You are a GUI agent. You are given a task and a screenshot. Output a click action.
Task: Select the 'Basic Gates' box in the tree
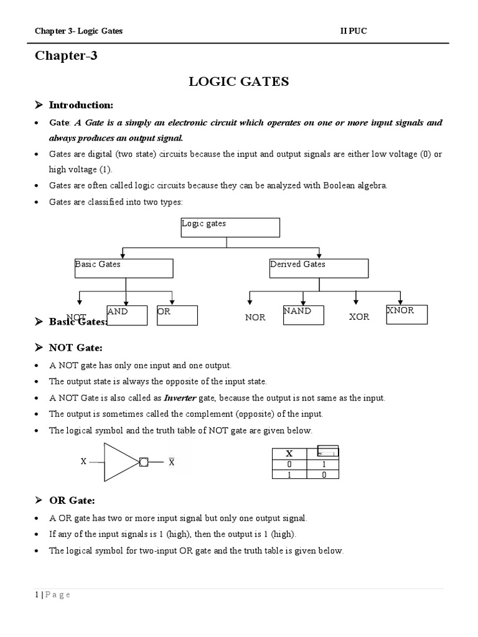pyautogui.click(x=123, y=268)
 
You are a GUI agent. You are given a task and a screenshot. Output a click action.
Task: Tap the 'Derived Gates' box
pyautogui.click(x=319, y=268)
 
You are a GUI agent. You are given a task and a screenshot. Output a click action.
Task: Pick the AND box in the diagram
pyautogui.click(x=127, y=315)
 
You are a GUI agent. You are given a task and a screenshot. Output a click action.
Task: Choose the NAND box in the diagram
pyautogui.click(x=303, y=315)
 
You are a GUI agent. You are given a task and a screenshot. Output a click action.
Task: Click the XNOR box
pyautogui.click(x=407, y=315)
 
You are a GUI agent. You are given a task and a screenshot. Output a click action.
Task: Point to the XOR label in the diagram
pyautogui.click(x=359, y=317)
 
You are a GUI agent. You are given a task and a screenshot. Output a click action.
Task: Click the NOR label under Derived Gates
pyautogui.click(x=255, y=317)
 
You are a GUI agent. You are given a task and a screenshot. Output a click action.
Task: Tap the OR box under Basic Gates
pyautogui.click(x=177, y=315)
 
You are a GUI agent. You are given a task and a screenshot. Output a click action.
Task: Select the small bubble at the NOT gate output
pyautogui.click(x=144, y=462)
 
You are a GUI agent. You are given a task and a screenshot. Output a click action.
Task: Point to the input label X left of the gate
pyautogui.click(x=83, y=462)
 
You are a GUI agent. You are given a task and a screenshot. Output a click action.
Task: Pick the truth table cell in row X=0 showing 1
pyautogui.click(x=323, y=465)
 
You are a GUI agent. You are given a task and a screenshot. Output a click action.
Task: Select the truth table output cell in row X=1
pyautogui.click(x=323, y=474)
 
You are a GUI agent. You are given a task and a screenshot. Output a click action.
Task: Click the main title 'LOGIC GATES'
pyautogui.click(x=238, y=82)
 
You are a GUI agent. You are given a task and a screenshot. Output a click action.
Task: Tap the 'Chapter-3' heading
pyautogui.click(x=66, y=57)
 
